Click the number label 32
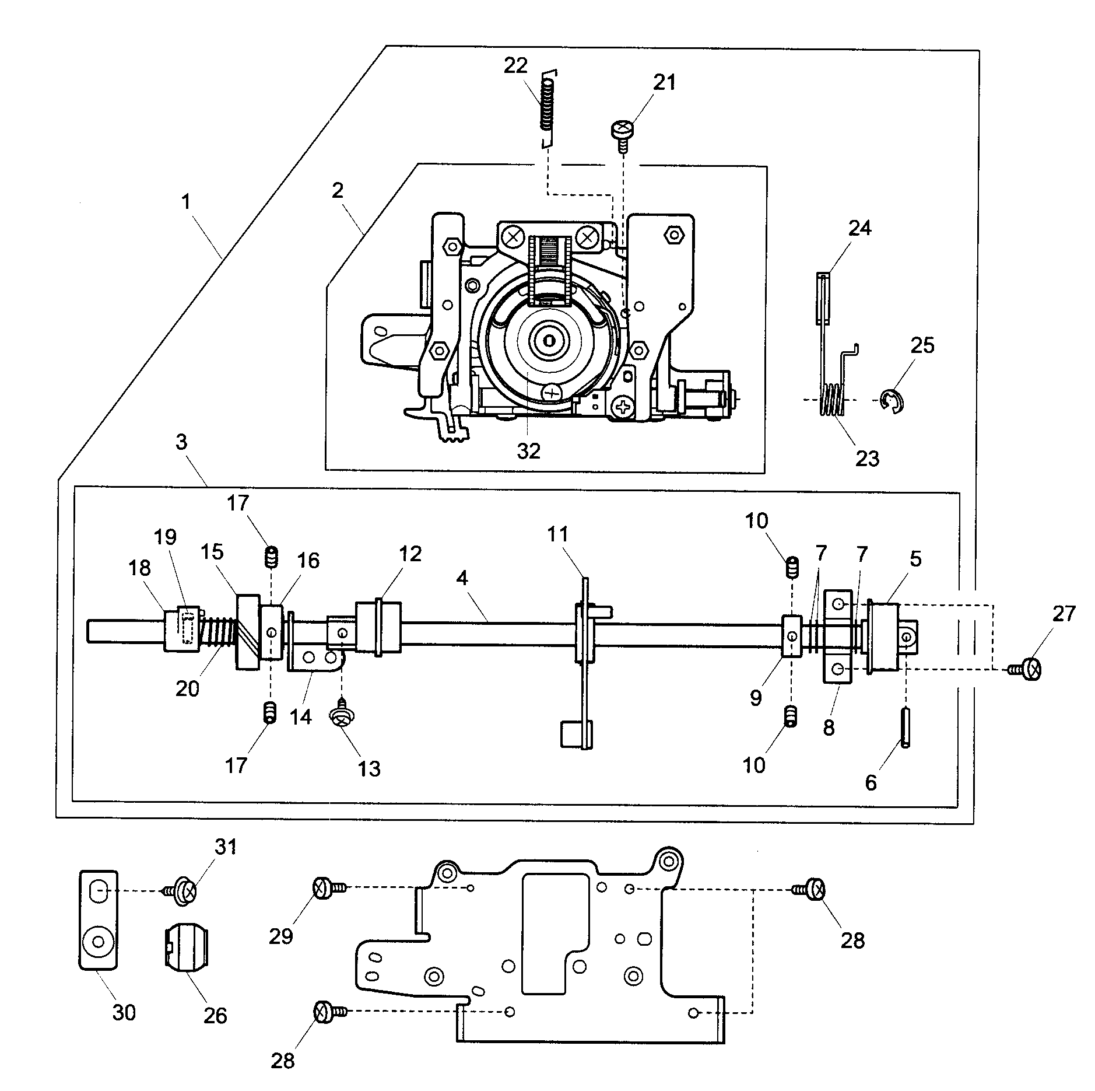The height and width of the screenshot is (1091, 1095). point(528,450)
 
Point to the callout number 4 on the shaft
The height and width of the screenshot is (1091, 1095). point(462,578)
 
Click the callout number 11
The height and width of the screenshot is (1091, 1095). point(557,534)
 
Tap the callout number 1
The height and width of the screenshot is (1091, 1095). point(185,202)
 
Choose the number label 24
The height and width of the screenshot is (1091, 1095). point(859,228)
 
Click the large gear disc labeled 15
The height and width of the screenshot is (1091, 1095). point(248,632)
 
